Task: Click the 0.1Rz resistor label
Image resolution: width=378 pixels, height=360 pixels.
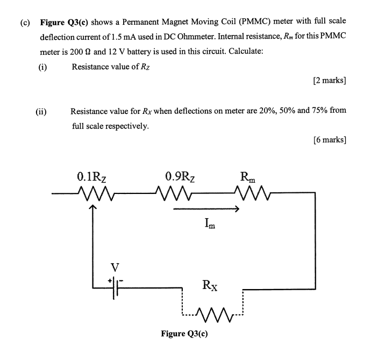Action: tap(95, 176)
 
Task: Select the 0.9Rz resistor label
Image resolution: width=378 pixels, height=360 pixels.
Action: tap(180, 176)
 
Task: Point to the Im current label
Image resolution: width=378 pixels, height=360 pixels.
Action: tap(211, 222)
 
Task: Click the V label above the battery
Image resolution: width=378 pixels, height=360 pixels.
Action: tap(115, 267)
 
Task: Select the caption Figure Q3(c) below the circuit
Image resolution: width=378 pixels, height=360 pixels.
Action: tap(184, 334)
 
